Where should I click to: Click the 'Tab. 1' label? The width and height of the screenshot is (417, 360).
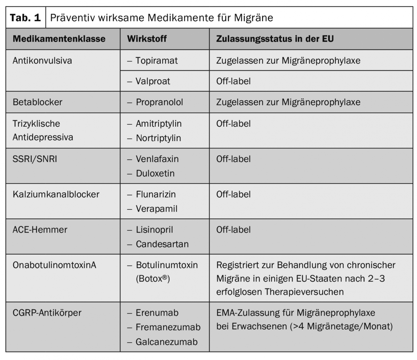tap(25, 18)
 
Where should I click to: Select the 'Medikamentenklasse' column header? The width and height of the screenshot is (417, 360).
tap(59, 39)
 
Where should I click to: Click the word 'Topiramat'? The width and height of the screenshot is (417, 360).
tap(157, 60)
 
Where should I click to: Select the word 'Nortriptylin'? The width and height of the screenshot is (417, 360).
tap(158, 138)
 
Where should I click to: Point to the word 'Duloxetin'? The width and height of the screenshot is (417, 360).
tap(155, 173)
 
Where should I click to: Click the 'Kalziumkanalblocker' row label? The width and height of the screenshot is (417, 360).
tap(56, 195)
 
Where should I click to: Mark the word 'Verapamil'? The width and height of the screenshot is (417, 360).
tap(157, 209)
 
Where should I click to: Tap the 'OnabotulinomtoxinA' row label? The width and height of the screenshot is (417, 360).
tap(54, 266)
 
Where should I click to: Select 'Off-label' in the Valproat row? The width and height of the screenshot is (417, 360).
tap(233, 81)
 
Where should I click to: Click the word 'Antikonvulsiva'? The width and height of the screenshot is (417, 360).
tap(42, 60)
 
